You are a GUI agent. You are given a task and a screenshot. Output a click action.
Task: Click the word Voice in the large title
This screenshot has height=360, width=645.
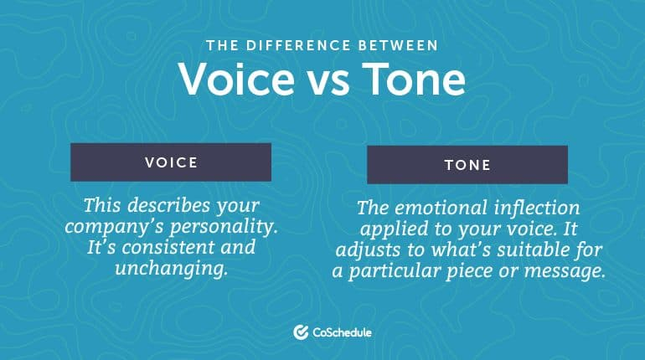point(236,79)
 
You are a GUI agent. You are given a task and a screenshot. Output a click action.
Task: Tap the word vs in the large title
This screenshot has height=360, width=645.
point(328,82)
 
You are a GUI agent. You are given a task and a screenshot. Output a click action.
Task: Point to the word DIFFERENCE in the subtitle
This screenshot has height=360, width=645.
point(298,45)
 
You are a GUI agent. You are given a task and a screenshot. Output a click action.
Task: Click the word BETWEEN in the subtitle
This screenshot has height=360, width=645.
point(398,45)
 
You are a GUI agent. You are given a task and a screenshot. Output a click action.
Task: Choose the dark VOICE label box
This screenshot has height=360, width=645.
point(171,162)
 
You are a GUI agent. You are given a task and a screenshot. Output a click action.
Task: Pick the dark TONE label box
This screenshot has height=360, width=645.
point(467,164)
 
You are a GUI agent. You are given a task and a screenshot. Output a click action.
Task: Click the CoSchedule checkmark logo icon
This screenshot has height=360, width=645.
point(301,332)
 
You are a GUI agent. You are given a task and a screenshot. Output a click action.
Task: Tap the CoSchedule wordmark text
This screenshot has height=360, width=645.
point(342,332)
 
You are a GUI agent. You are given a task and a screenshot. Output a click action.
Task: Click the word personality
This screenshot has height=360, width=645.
point(224,227)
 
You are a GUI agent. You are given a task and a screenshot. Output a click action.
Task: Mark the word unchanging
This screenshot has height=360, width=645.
point(171,270)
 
